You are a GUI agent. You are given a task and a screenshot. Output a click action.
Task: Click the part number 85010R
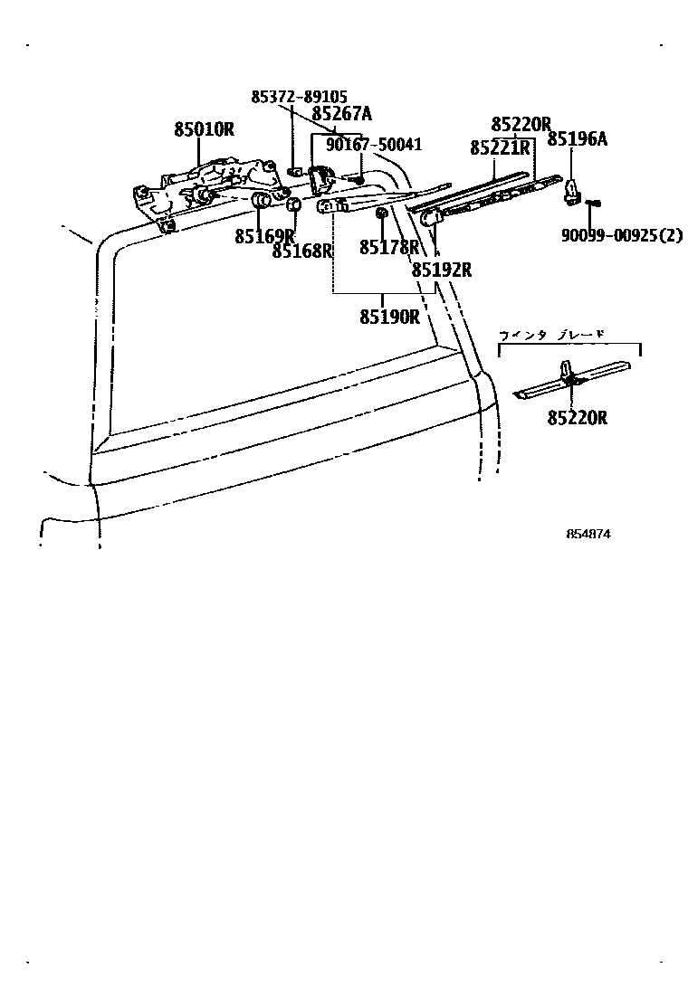(204, 129)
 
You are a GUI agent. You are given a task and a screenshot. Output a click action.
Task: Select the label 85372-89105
(298, 98)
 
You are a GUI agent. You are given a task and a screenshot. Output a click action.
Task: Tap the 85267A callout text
(342, 114)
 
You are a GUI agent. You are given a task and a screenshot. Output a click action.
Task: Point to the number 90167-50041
(374, 145)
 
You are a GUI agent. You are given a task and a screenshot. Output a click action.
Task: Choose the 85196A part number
(577, 139)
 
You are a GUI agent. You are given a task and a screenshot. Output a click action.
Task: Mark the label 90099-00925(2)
(621, 235)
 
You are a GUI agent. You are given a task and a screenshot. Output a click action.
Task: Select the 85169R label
(264, 237)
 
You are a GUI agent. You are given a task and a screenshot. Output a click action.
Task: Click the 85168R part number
(302, 251)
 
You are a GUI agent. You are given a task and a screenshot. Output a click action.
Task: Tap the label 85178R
(389, 247)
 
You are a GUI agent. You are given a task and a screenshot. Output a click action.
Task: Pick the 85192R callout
(442, 269)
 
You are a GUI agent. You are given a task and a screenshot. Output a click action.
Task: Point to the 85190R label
(389, 316)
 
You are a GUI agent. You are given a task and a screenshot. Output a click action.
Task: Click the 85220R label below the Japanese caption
(577, 417)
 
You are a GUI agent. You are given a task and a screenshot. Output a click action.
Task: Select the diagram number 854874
(588, 534)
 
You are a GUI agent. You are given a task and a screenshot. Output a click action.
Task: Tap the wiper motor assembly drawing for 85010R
(208, 185)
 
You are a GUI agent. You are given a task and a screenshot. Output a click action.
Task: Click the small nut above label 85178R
(382, 214)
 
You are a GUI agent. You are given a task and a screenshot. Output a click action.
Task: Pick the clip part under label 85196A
(572, 188)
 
